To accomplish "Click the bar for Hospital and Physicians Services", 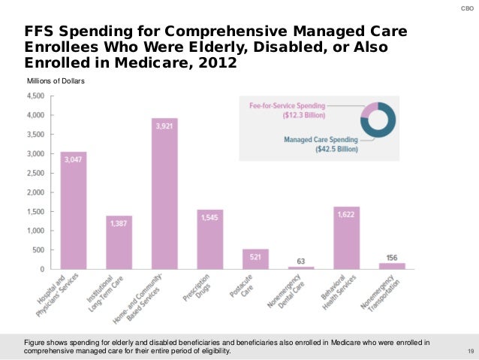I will pos(74,210).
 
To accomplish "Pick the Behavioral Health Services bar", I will pos(346,237).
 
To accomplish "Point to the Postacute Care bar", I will pos(255,259).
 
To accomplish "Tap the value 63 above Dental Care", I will pos(301,261).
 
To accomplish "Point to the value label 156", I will pos(391,257).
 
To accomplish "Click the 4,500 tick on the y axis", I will pos(35,96).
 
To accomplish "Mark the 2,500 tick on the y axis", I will pos(35,173).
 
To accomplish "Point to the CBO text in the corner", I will pos(465,9).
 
